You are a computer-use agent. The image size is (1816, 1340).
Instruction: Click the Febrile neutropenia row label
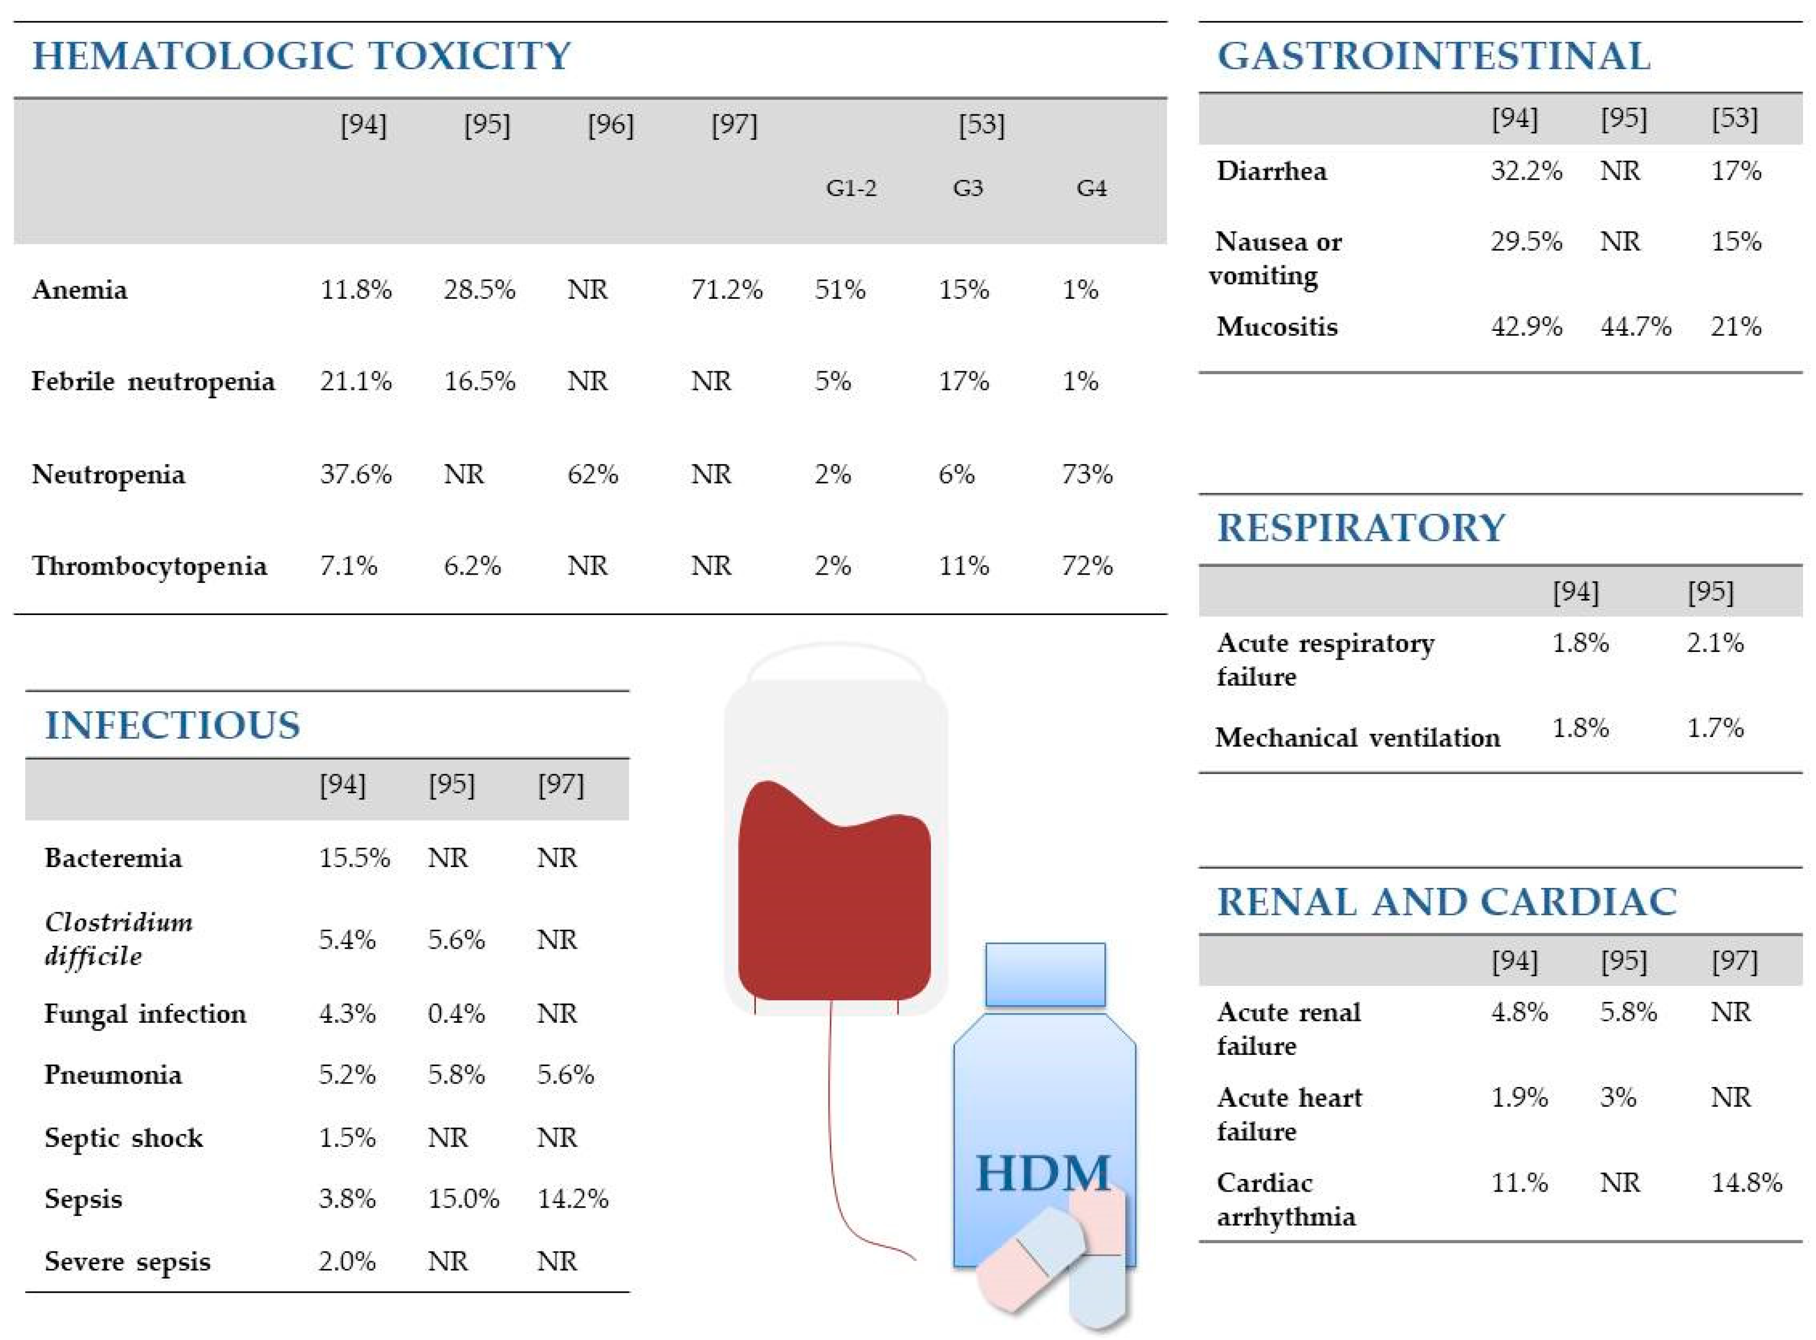tap(152, 381)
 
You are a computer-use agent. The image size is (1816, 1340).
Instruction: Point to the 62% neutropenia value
tap(592, 474)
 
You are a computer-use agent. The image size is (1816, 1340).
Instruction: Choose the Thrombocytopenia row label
tap(149, 565)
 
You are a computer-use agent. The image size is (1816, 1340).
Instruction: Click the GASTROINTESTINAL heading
tap(1433, 56)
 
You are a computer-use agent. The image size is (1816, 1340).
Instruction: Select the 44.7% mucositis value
tap(1635, 326)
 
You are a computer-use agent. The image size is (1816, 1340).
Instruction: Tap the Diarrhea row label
tap(1271, 171)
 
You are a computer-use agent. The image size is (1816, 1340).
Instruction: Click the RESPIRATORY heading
tap(1361, 528)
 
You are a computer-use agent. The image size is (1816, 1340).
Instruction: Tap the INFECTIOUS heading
tap(172, 725)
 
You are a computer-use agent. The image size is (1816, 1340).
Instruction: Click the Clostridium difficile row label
tap(118, 939)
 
